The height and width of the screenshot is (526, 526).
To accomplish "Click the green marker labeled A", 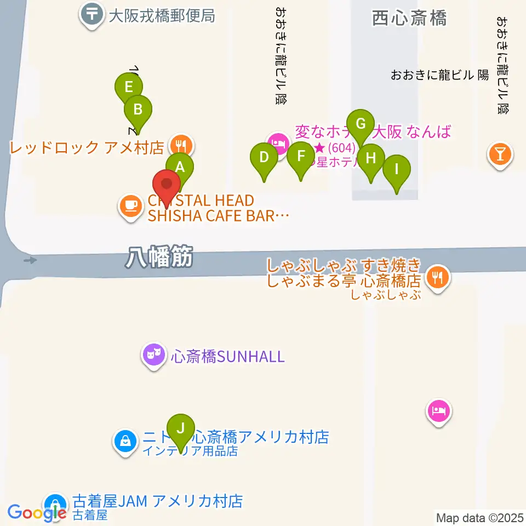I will (180, 168).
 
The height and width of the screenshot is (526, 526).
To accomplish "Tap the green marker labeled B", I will (138, 110).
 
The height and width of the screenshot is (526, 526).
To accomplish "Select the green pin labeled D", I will (264, 158).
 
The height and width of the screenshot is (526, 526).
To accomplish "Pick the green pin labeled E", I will (129, 88).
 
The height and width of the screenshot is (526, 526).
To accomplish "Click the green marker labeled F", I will (301, 157).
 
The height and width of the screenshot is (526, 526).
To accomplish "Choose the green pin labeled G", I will (361, 124).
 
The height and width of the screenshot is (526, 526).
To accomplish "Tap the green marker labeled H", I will (371, 159).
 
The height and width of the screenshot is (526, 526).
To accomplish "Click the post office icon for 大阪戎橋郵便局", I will (92, 14).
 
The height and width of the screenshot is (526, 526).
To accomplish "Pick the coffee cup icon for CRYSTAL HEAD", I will (130, 207).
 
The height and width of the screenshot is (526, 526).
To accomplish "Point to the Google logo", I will (37, 512).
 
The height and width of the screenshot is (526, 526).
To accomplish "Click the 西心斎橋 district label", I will (409, 18).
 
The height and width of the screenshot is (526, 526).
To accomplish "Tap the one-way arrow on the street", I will (31, 260).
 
